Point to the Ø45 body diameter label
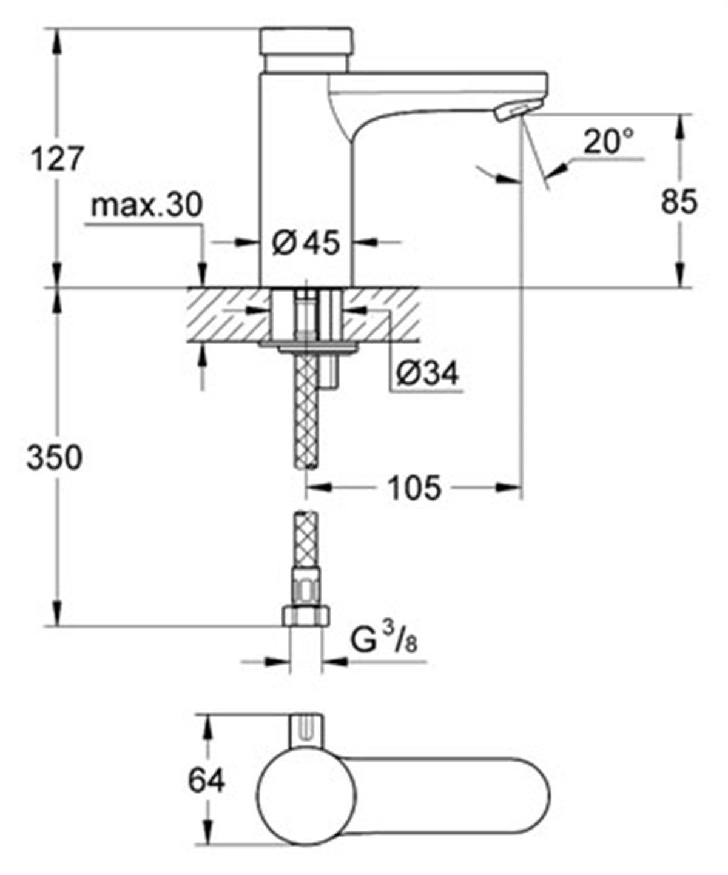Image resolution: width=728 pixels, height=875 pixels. tap(306, 243)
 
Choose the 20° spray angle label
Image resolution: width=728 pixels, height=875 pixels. tap(608, 143)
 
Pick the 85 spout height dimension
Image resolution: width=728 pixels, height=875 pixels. tap(679, 203)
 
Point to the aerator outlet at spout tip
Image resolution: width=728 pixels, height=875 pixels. tap(511, 112)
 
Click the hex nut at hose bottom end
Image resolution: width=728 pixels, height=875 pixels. tap(306, 617)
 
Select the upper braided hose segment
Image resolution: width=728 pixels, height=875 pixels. tap(307, 412)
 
